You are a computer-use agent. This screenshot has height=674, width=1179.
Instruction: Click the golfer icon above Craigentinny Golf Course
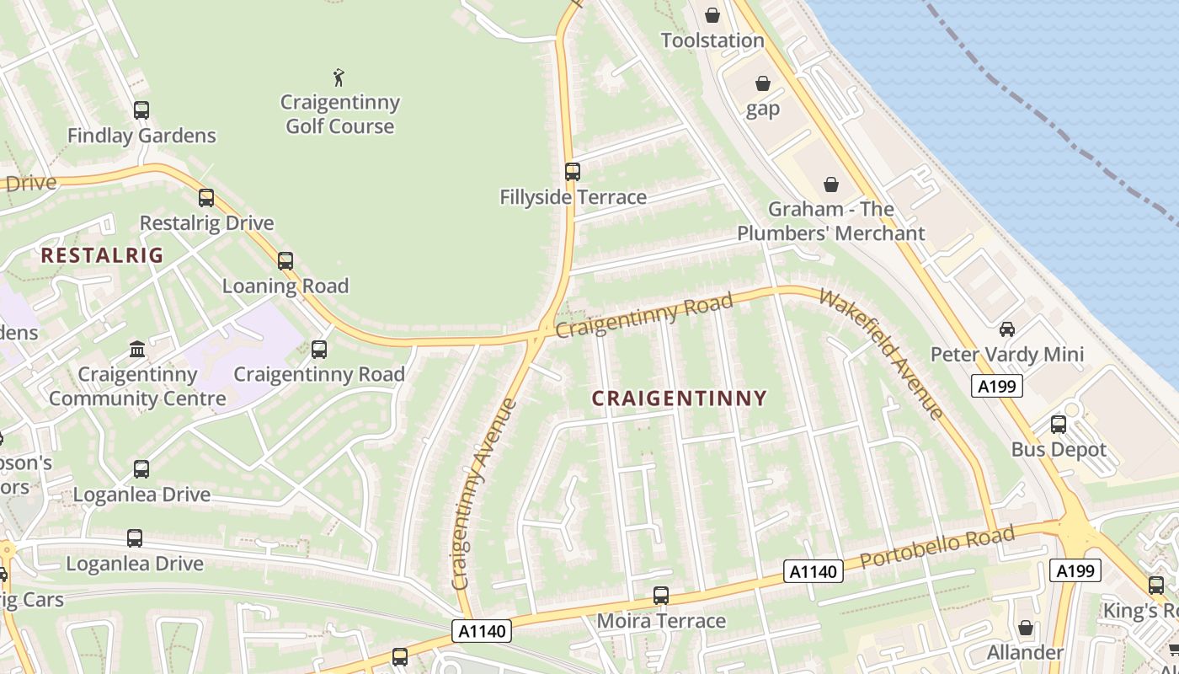click(339, 78)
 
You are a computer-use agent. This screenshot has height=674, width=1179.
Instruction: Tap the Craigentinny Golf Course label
click(340, 115)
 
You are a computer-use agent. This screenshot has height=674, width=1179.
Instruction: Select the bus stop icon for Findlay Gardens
click(141, 110)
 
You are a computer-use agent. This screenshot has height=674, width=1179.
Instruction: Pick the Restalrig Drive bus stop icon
click(206, 198)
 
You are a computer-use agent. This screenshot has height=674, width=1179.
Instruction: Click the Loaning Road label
click(285, 286)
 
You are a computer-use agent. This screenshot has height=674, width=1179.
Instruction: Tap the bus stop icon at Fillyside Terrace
click(573, 172)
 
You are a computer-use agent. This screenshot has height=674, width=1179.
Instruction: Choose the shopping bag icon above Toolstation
click(712, 15)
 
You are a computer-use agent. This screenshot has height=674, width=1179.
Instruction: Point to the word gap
click(763, 109)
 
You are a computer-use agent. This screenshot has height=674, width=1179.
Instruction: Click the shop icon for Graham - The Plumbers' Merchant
click(831, 184)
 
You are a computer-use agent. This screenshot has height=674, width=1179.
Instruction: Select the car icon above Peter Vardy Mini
click(1007, 329)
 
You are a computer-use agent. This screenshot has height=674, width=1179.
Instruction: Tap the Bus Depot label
click(1059, 449)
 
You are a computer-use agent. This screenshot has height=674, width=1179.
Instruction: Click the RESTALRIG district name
click(102, 255)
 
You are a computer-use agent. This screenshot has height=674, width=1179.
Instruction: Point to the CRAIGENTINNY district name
click(680, 399)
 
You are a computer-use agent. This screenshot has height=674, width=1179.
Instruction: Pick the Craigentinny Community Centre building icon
click(136, 348)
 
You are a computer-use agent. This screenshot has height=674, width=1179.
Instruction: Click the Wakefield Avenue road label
click(881, 354)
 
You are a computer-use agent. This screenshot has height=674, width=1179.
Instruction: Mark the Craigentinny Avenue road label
click(483, 494)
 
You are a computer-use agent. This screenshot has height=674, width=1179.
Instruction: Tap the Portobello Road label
click(937, 549)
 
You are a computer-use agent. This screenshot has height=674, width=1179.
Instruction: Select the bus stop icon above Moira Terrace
click(661, 596)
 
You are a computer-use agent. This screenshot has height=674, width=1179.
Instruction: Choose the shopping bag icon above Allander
click(1026, 628)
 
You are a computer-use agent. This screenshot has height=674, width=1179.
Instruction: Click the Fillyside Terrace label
click(573, 197)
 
